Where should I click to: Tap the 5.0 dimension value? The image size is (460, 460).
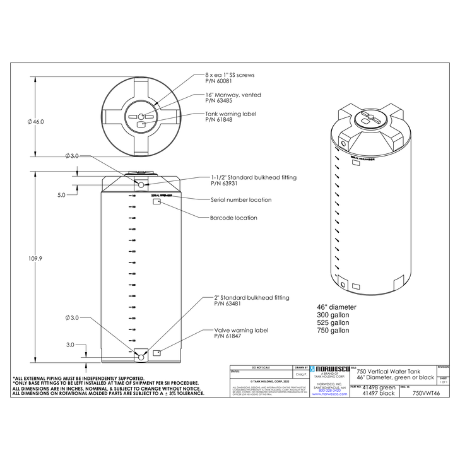(x=61, y=196)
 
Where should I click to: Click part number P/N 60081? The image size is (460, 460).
(x=220, y=81)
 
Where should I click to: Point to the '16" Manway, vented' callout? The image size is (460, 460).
(x=233, y=95)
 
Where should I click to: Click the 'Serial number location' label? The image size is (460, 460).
(x=240, y=200)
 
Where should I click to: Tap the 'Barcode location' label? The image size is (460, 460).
(x=233, y=218)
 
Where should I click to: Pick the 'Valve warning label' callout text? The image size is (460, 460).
(x=241, y=330)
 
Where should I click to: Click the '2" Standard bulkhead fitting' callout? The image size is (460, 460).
(x=252, y=297)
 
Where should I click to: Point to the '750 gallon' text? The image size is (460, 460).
(x=333, y=331)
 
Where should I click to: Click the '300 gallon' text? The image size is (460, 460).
(x=333, y=315)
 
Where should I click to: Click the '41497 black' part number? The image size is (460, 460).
(x=378, y=393)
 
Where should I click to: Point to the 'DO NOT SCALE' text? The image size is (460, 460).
(x=261, y=367)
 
